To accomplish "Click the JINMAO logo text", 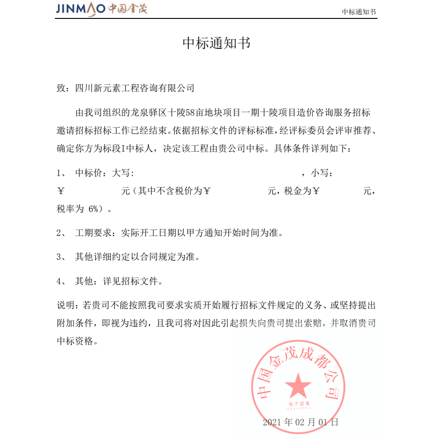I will [80, 9].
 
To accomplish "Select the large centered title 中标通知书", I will [216, 43].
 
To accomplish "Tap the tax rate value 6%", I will [94, 209].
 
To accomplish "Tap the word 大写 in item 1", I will [122, 174].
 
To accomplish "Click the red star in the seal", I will [298, 387].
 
